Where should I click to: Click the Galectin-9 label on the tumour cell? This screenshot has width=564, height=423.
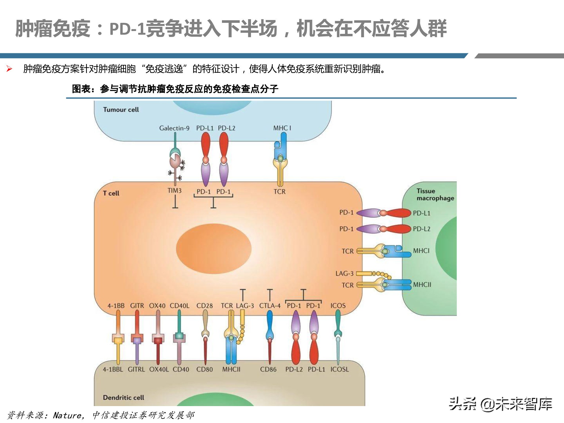(x=174, y=128)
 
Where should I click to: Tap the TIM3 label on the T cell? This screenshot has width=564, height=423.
(x=175, y=191)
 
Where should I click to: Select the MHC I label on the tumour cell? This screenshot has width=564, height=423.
(x=282, y=128)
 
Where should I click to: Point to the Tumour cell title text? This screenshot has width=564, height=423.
(x=121, y=110)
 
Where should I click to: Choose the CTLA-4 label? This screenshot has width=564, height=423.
(x=270, y=306)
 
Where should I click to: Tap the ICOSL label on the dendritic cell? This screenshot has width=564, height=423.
(x=340, y=369)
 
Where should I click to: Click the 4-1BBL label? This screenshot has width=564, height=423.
(x=113, y=369)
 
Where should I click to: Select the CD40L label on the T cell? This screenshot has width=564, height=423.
(x=180, y=306)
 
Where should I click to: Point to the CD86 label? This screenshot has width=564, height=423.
(x=268, y=369)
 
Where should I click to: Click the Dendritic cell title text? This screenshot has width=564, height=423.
(x=124, y=398)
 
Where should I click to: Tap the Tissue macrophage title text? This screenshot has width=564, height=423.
(x=435, y=195)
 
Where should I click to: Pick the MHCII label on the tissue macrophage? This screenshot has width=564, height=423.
(x=422, y=285)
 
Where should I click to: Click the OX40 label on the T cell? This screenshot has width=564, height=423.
(x=157, y=306)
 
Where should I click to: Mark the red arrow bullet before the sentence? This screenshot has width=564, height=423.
(x=9, y=69)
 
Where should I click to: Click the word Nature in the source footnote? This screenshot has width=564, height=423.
(x=67, y=415)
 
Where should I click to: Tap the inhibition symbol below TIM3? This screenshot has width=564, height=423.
(x=175, y=202)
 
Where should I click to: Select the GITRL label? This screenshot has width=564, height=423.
(x=136, y=369)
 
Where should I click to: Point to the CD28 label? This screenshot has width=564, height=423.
(x=204, y=306)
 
